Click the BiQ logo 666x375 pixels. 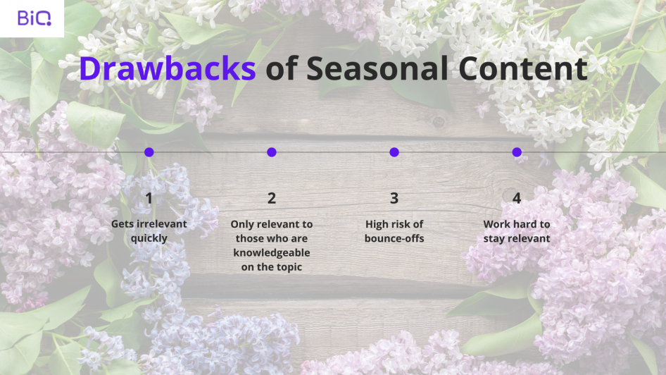pyautogui.click(x=34, y=18)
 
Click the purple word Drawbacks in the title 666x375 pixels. pyautogui.click(x=168, y=68)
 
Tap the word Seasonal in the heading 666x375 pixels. pyautogui.click(x=377, y=68)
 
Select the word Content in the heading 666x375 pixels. pyautogui.click(x=523, y=68)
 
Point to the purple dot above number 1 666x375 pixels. pyautogui.click(x=149, y=152)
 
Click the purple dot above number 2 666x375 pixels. pyautogui.click(x=272, y=152)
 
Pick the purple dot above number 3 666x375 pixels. pyautogui.click(x=394, y=152)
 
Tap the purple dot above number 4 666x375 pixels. pyautogui.click(x=517, y=152)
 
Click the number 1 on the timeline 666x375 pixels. pyautogui.click(x=149, y=198)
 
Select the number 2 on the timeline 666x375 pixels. pyautogui.click(x=272, y=198)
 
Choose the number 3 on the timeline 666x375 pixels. pyautogui.click(x=394, y=198)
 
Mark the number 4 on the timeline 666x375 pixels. pyautogui.click(x=517, y=198)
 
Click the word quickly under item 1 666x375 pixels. pyautogui.click(x=149, y=238)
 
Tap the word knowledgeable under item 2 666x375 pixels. pyautogui.click(x=272, y=253)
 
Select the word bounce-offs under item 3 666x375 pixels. pyautogui.click(x=394, y=238)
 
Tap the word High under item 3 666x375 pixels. pyautogui.click(x=377, y=224)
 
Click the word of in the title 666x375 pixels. pyautogui.click(x=281, y=68)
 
